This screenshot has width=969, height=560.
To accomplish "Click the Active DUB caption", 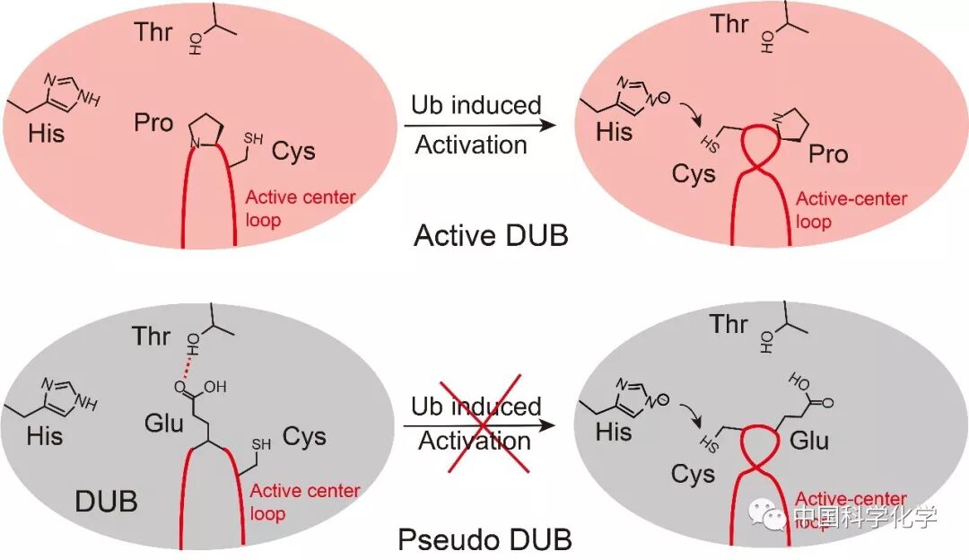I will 493,236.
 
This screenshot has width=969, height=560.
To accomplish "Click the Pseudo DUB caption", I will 484,540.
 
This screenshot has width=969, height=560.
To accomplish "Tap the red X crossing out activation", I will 476,422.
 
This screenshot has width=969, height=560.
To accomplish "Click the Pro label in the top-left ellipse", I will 153,122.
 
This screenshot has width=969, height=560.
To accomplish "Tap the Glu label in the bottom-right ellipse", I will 809,441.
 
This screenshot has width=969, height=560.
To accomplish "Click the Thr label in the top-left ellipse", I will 153,31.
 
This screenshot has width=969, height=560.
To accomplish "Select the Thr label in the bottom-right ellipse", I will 729,323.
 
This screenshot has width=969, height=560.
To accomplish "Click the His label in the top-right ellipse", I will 615,133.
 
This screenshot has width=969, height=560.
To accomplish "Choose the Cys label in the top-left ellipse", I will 293,150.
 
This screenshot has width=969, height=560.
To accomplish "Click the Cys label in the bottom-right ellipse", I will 693,474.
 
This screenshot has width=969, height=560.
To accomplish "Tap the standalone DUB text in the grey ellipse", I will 106,501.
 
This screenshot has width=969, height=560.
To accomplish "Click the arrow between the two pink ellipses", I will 476,127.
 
